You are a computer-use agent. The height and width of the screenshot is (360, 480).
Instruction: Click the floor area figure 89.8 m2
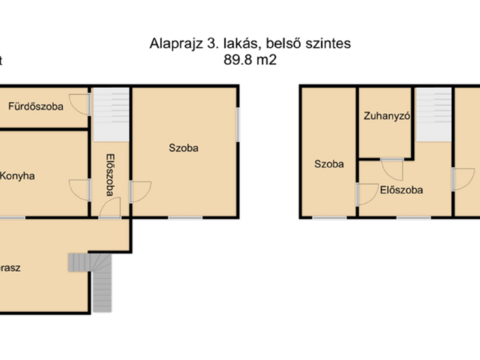click(250, 61)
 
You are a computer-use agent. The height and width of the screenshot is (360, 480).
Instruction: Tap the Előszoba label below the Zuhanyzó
click(401, 190)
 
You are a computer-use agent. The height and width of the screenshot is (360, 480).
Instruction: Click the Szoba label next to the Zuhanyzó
click(328, 163)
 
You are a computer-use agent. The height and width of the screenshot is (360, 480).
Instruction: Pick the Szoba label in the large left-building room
click(183, 148)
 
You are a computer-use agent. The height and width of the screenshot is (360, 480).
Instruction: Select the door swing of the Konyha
click(79, 188)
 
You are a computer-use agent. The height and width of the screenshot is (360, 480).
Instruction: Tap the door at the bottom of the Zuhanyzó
click(391, 167)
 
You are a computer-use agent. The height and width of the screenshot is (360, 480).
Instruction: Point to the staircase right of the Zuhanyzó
click(430, 113)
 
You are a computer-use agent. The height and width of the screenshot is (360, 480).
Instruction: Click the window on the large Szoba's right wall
click(238, 124)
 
